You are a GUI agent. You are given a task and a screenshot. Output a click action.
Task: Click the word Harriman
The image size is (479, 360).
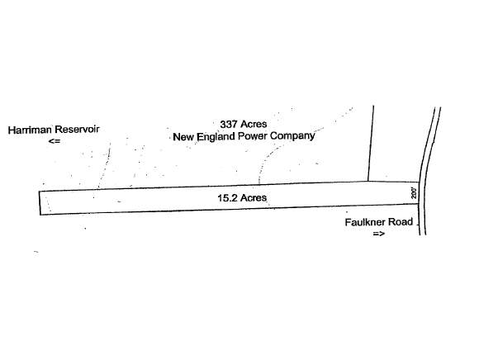[x=30, y=130]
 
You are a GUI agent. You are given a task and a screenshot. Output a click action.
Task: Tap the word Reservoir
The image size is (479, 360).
[x=77, y=130]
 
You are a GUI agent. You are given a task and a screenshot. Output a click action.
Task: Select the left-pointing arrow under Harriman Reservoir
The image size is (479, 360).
[x=55, y=141]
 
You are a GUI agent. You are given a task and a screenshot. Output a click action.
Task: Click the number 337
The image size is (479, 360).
[x=229, y=125]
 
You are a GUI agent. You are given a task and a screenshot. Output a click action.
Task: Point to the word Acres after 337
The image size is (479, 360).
[x=254, y=124]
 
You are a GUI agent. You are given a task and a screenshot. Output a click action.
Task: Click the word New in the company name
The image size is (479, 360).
[x=183, y=137]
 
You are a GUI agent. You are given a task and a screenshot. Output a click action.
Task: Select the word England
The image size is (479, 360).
[x=216, y=137]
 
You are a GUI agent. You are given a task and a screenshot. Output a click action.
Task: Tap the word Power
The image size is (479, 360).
[x=253, y=136]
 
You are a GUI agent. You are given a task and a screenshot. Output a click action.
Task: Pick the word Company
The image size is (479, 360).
[x=292, y=136]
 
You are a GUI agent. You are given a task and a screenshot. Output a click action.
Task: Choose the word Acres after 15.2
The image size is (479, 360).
[x=254, y=198]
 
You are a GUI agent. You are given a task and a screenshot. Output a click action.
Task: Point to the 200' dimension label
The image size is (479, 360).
[x=414, y=193]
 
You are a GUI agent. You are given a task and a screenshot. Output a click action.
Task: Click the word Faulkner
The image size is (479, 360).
[x=364, y=222]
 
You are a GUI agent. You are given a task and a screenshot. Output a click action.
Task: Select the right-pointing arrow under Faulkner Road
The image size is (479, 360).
[x=379, y=234]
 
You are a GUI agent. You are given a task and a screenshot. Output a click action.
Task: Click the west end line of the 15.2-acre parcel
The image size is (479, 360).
[x=40, y=203]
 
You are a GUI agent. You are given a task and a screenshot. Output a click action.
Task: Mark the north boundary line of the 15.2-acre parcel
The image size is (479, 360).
[x=229, y=186]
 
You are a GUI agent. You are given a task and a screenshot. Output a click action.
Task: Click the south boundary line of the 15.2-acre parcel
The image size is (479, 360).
[x=229, y=209]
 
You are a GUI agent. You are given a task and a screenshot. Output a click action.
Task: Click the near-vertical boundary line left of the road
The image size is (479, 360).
[x=371, y=144]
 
